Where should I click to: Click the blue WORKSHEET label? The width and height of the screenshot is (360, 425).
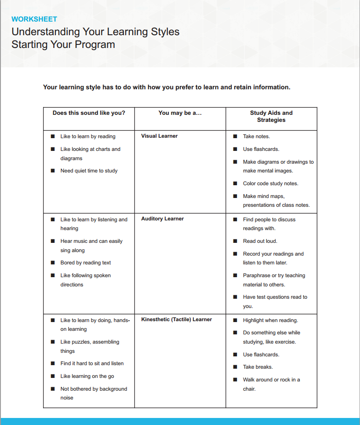(x=34, y=19)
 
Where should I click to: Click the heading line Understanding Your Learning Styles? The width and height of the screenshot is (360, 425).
(x=95, y=32)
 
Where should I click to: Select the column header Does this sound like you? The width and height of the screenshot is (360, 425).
(x=89, y=113)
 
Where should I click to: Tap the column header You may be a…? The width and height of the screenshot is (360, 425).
(x=180, y=113)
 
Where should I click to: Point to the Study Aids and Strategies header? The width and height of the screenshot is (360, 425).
(x=271, y=117)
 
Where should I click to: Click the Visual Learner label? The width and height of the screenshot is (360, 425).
(x=159, y=136)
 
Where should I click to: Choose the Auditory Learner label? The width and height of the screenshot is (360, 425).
(x=162, y=219)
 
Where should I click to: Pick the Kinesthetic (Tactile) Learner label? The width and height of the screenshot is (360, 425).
(x=176, y=319)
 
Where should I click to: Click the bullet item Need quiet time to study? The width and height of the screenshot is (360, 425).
(x=89, y=171)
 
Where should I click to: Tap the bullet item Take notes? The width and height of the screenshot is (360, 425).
(x=256, y=136)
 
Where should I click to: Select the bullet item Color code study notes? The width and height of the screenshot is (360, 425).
(x=270, y=183)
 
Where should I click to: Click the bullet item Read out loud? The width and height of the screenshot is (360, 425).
(x=260, y=241)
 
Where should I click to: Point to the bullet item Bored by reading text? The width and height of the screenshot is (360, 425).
(x=86, y=263)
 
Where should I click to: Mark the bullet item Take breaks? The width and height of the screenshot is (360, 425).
(x=258, y=367)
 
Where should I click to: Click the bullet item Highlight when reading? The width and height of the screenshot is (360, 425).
(x=270, y=320)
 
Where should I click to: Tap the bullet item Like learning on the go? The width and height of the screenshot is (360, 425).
(x=87, y=376)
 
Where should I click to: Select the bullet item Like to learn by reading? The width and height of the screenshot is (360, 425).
(x=88, y=136)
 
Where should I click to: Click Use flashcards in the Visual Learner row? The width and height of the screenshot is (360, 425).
(x=261, y=149)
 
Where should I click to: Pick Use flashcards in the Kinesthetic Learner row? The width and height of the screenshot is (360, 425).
(x=261, y=355)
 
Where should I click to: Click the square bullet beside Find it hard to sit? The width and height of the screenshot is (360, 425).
(x=53, y=363)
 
